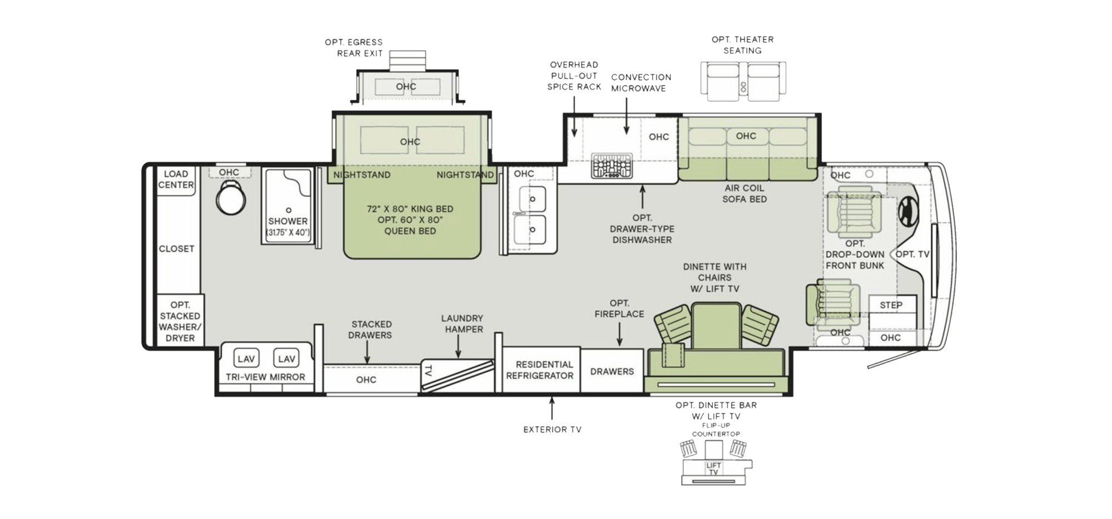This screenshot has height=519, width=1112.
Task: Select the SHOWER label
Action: tap(287, 221)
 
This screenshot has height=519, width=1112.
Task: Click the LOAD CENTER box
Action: tap(176, 179)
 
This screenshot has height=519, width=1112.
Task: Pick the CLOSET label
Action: tap(176, 249)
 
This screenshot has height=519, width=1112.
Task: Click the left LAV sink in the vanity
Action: tap(246, 359)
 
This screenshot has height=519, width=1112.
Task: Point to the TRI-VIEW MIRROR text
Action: tap(265, 377)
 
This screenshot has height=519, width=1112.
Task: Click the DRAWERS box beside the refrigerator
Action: tap(612, 371)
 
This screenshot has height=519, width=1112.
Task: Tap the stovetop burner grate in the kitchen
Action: tap(612, 166)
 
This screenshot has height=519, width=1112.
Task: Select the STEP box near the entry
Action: tap(891, 305)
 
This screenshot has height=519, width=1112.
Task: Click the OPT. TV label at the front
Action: tap(912, 254)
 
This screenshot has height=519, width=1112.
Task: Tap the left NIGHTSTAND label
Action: tap(361, 175)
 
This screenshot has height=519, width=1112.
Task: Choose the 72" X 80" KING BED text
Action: tap(410, 209)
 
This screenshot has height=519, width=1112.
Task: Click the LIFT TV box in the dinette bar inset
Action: tap(713, 468)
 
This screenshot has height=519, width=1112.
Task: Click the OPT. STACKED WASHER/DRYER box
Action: tap(180, 321)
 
